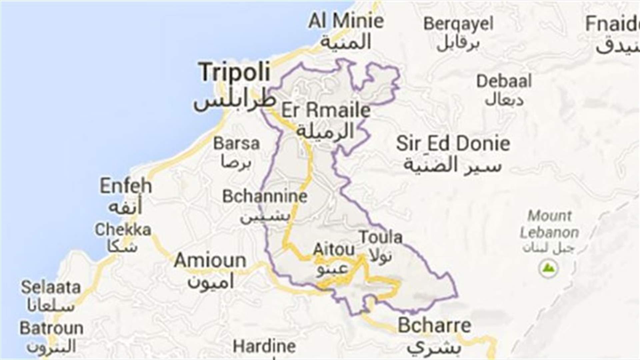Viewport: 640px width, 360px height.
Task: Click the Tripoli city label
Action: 235,72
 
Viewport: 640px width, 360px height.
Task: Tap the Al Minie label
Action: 346,21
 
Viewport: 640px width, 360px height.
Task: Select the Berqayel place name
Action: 458,24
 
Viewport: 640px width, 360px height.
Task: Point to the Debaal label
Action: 504,82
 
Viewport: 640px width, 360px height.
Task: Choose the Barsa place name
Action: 236,144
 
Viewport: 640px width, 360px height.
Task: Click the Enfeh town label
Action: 126,186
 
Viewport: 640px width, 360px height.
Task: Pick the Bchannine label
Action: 265,196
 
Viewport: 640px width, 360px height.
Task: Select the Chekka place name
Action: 123,230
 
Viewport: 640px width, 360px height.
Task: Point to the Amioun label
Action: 210,260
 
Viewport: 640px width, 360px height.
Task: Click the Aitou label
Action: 334,249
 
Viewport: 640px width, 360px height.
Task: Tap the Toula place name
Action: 381,237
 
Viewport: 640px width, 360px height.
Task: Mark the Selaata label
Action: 51,287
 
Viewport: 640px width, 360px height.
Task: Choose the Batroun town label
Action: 51,328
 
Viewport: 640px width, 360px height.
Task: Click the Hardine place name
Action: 264,347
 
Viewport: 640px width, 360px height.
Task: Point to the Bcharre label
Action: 434,326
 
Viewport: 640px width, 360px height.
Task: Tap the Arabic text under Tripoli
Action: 234,100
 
